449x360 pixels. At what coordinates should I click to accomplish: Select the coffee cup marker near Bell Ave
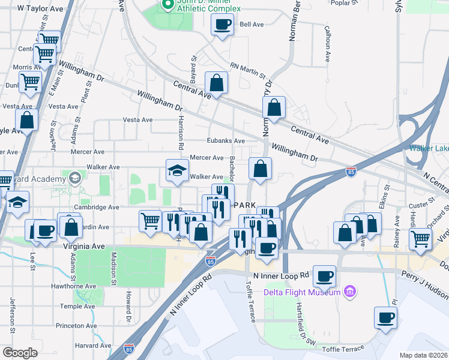(223, 25)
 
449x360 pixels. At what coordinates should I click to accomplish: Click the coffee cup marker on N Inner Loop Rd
(324, 276)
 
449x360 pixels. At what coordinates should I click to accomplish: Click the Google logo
(20, 353)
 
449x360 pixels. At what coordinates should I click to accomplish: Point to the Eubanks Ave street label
(226, 141)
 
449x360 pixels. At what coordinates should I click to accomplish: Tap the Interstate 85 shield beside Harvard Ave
(129, 348)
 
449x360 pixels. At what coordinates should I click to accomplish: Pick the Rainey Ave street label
(397, 238)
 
